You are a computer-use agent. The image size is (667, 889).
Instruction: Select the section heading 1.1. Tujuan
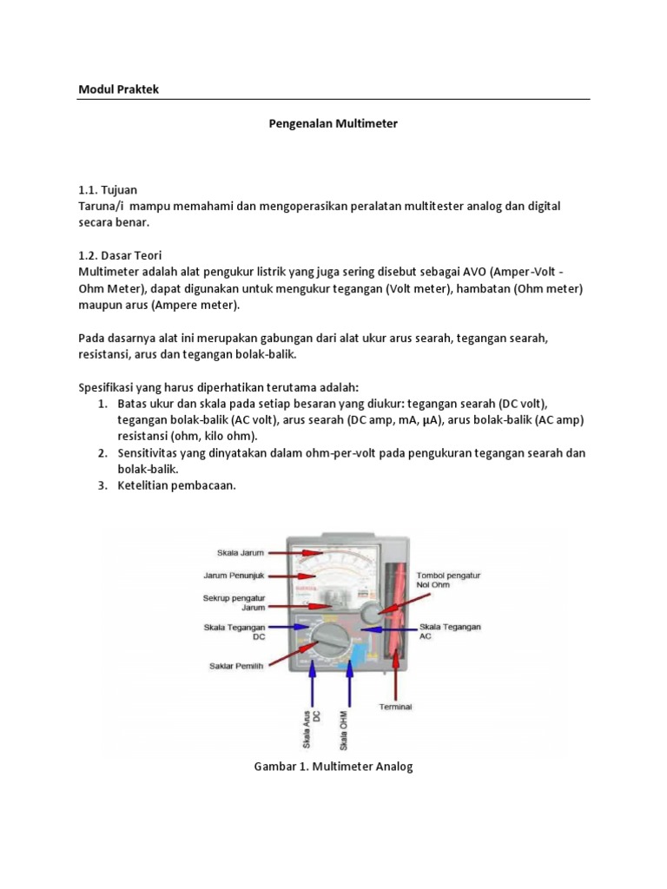click(x=108, y=189)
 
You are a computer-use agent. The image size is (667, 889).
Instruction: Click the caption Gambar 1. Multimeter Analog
click(x=333, y=767)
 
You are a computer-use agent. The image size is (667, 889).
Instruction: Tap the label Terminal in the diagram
click(x=395, y=707)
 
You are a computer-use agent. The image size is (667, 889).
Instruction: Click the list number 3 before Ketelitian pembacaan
click(x=101, y=486)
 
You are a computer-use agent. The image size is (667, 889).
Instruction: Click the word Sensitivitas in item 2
click(x=153, y=453)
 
